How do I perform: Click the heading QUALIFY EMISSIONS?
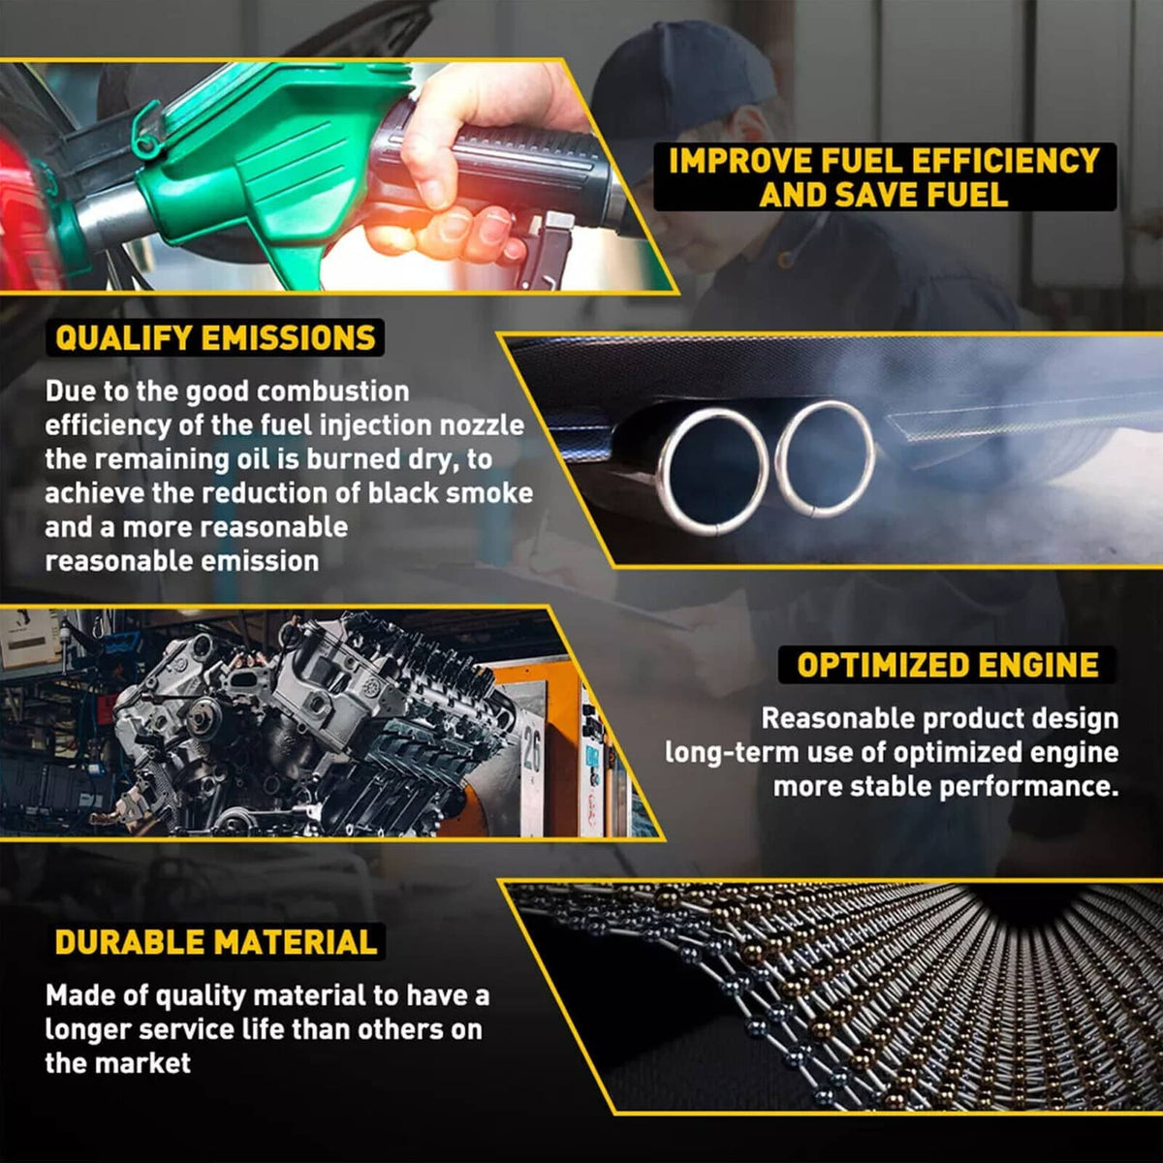click(215, 338)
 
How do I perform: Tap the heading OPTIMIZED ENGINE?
click(948, 665)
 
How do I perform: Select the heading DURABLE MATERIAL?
click(216, 942)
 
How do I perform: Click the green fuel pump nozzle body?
click(266, 163)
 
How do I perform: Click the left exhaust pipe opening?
click(713, 471)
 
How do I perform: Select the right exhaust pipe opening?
click(825, 458)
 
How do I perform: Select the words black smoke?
click(451, 493)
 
